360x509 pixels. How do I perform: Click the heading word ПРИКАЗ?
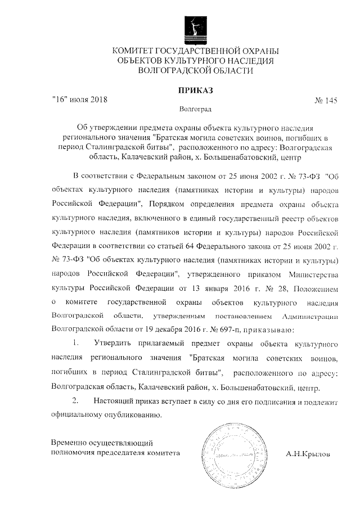tap(195, 89)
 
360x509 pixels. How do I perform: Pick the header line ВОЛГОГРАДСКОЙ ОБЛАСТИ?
tap(195, 71)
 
